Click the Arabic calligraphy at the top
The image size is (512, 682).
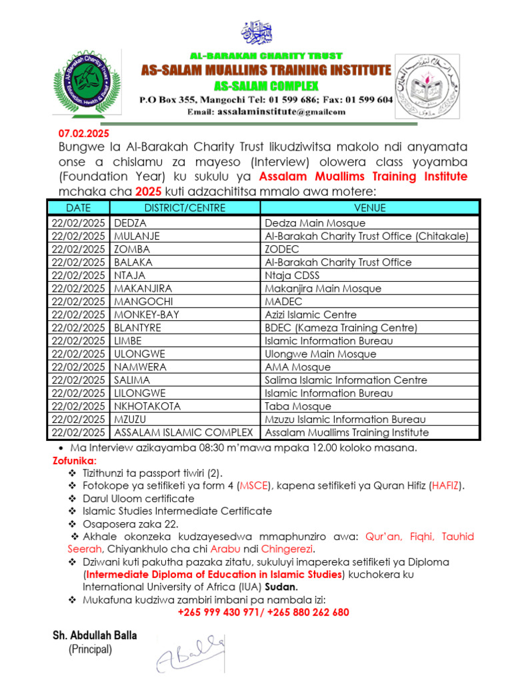point(257,32)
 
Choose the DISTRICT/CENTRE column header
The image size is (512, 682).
point(185,208)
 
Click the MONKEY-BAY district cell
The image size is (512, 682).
point(147,314)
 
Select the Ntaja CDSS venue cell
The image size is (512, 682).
point(292,275)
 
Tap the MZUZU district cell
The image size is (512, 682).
point(131,419)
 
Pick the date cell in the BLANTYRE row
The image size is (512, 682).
point(78,328)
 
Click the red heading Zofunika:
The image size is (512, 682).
point(75,461)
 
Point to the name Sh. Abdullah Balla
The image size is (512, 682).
point(95,635)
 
